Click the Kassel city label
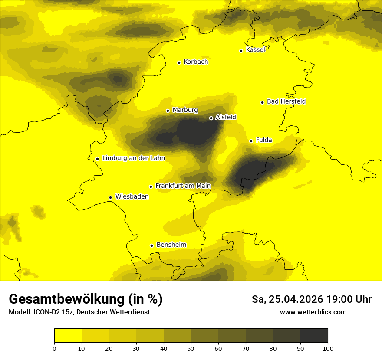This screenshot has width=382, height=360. click(255, 50)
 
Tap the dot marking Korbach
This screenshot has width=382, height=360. click(179, 62)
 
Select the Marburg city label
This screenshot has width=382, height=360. click(185, 110)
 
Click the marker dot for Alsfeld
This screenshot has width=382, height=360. click(211, 118)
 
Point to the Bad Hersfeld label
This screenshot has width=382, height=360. click(286, 101)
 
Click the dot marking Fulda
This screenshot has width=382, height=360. click(251, 141)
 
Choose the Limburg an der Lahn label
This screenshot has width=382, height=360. click(133, 158)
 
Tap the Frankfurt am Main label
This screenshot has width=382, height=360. click(183, 186)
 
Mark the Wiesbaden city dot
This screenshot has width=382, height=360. click(111, 198)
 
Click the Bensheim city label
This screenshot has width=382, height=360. click(171, 245)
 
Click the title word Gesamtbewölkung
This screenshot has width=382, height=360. click(66, 299)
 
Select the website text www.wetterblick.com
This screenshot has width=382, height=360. click(313, 312)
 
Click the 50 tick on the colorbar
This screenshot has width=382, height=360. click(191, 348)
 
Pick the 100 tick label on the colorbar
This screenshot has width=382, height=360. click(328, 348)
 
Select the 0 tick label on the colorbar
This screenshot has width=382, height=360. click(54, 348)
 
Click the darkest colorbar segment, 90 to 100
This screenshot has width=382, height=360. click(314, 336)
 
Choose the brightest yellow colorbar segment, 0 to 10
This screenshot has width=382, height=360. click(68, 336)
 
